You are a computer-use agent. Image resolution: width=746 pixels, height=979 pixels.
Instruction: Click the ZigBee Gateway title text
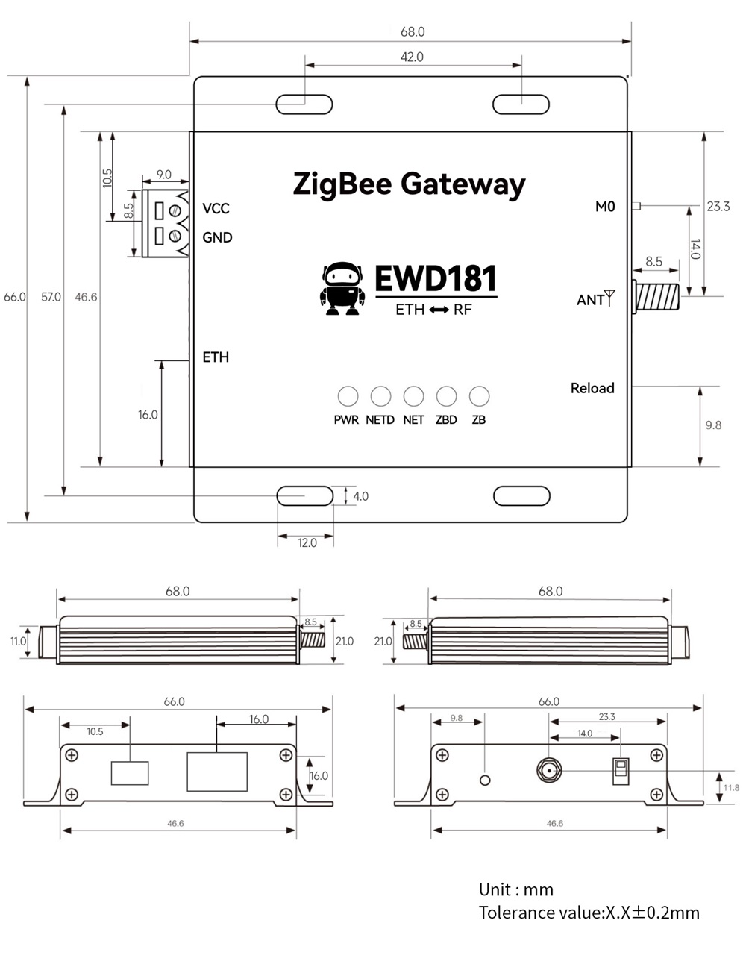(409, 184)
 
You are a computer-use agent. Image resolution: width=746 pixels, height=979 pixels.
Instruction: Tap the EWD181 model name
(435, 278)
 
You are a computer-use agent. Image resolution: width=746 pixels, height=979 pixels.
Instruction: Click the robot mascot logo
(342, 288)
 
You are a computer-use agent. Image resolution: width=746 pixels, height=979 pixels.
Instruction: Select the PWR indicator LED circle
(348, 396)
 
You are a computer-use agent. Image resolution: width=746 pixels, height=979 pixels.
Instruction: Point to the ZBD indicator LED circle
(446, 396)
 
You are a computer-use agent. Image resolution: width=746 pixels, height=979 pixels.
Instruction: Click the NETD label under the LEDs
(380, 420)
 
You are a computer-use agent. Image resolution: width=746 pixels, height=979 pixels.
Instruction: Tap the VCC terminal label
(216, 208)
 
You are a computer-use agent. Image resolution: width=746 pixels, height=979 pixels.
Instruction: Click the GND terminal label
(217, 237)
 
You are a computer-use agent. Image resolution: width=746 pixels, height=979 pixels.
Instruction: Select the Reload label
(592, 388)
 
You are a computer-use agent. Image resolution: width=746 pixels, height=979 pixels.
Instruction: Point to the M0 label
(605, 207)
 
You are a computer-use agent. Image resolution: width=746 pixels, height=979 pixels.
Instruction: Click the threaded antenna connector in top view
(657, 295)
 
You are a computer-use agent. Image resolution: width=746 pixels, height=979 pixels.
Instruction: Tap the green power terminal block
(164, 223)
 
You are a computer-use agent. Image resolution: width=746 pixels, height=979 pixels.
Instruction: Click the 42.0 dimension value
(412, 57)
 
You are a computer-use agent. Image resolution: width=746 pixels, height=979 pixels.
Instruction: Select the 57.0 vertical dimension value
(51, 297)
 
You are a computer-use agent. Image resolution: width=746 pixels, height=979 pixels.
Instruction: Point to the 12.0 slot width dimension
(307, 542)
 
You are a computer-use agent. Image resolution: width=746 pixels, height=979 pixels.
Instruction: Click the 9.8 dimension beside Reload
(713, 425)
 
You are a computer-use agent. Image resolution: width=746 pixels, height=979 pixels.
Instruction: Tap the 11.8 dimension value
(731, 787)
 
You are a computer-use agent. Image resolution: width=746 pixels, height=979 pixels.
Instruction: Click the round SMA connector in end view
(550, 770)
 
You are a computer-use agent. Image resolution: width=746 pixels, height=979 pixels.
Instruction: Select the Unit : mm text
(516, 889)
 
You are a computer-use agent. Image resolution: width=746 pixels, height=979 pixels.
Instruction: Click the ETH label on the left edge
(216, 357)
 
